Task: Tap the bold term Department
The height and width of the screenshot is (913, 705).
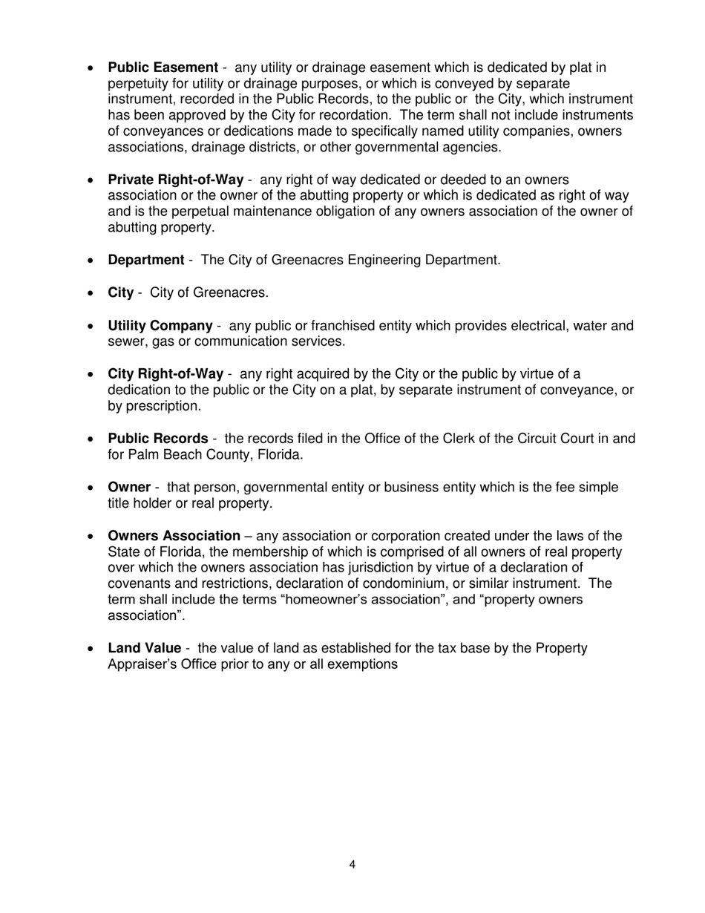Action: [x=146, y=260]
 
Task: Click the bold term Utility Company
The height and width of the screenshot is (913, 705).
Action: [x=160, y=326]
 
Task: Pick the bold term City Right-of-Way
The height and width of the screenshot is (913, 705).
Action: [x=165, y=374]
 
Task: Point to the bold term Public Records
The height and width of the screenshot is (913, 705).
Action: [x=158, y=439]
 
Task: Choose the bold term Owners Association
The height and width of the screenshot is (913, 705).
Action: [x=174, y=536]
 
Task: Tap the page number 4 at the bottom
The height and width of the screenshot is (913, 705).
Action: [x=352, y=864]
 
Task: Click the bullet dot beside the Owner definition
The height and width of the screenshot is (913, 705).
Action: [x=91, y=488]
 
